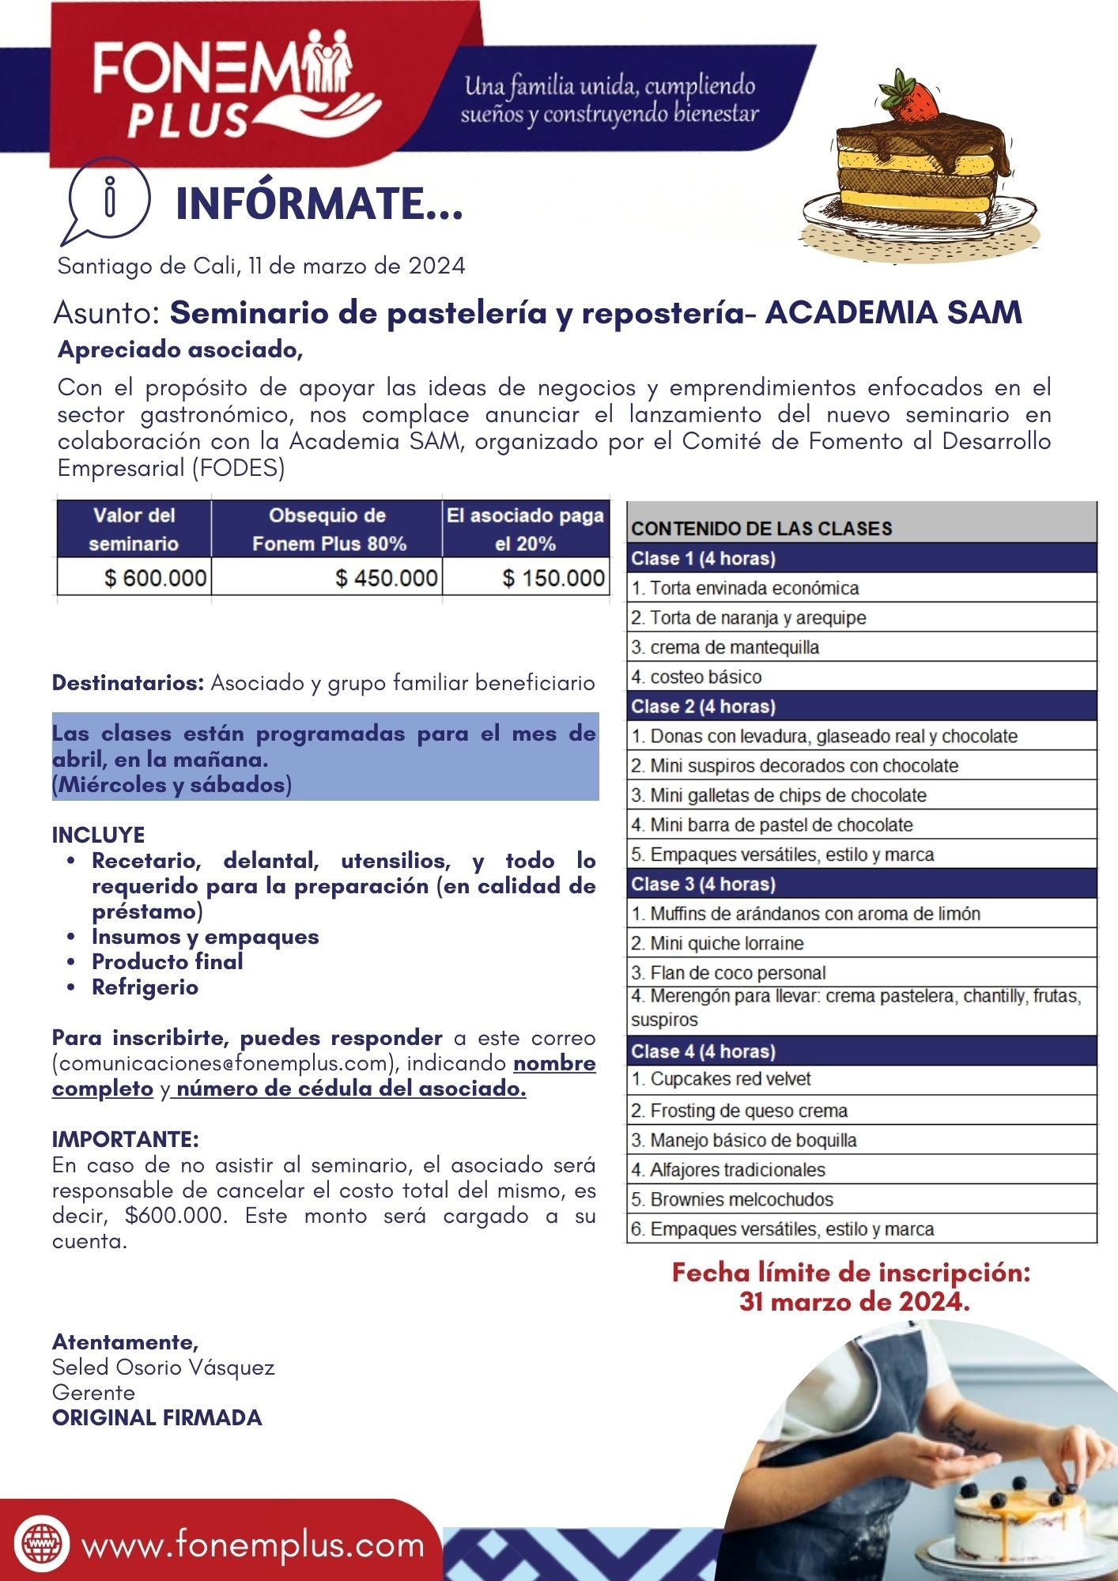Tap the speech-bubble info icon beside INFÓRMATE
click(108, 198)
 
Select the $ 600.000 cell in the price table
click(134, 578)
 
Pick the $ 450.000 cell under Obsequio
click(327, 578)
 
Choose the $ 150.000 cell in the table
click(526, 578)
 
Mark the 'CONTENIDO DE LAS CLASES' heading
click(761, 528)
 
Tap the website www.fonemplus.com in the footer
click(253, 1545)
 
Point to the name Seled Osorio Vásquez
click(163, 1367)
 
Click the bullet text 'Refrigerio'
click(145, 987)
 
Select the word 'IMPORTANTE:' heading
click(125, 1139)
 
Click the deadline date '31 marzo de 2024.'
click(854, 1301)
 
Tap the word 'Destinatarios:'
click(128, 683)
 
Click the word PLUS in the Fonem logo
click(188, 120)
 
